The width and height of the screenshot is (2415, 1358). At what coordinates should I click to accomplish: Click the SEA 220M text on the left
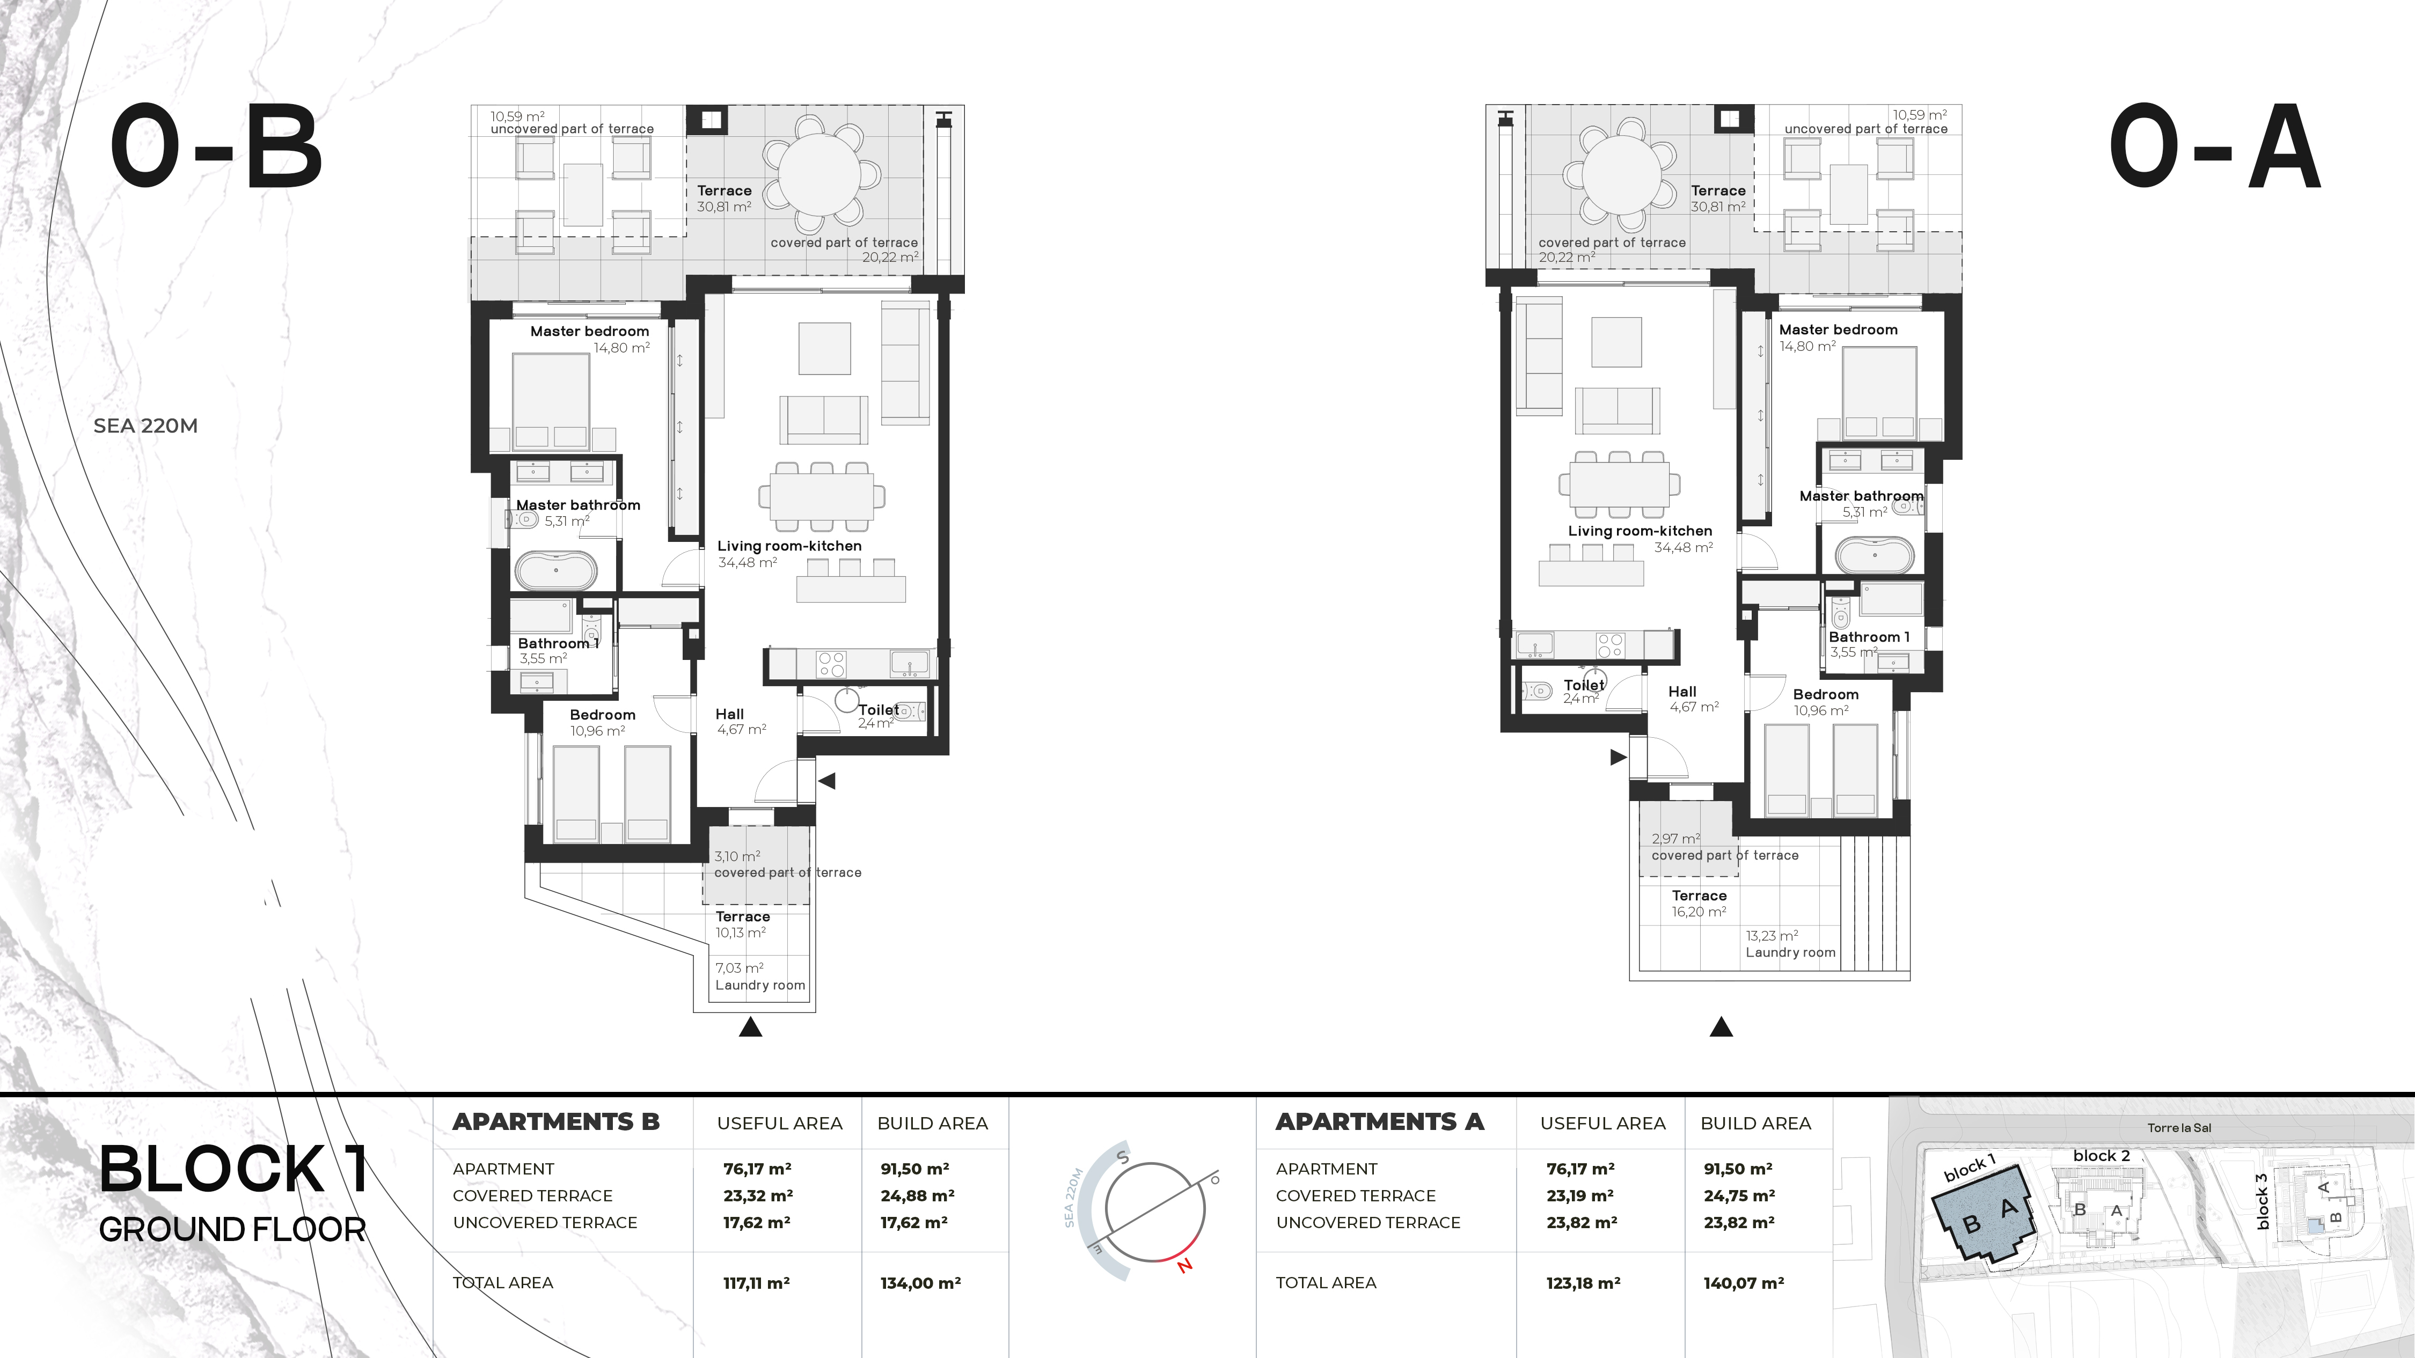pos(145,425)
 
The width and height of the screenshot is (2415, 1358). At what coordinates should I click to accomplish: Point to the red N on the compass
pos(1185,1265)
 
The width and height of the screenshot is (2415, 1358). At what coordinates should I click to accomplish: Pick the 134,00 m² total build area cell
pos(920,1283)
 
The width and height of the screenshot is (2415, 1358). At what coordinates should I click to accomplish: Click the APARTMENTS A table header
pos(1380,1122)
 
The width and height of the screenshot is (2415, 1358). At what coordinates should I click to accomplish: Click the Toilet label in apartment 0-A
pos(1584,685)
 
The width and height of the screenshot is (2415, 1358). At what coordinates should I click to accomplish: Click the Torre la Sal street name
pos(2180,1127)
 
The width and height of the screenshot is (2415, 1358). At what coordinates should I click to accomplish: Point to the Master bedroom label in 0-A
pos(1839,330)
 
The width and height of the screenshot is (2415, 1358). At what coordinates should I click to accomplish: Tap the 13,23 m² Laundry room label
pos(1791,944)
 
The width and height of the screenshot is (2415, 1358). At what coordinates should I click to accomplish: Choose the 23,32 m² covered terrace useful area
pos(757,1196)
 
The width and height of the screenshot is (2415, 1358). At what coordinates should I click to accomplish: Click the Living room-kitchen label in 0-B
pos(789,546)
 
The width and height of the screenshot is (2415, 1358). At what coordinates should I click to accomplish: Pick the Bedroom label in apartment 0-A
pos(1825,694)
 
